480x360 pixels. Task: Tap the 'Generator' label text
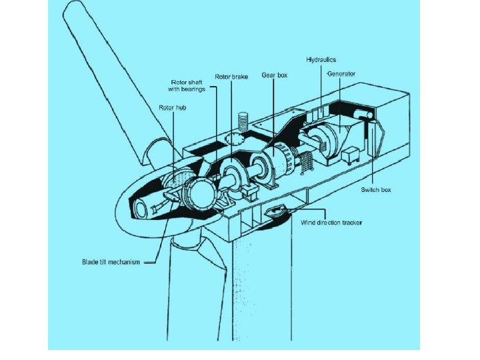click(x=341, y=73)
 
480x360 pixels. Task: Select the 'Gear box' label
click(x=273, y=77)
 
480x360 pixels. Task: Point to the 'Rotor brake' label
click(x=231, y=77)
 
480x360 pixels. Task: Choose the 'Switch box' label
click(x=376, y=190)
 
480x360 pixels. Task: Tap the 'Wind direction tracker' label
click(x=331, y=222)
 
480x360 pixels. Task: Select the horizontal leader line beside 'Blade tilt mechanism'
click(x=150, y=262)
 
